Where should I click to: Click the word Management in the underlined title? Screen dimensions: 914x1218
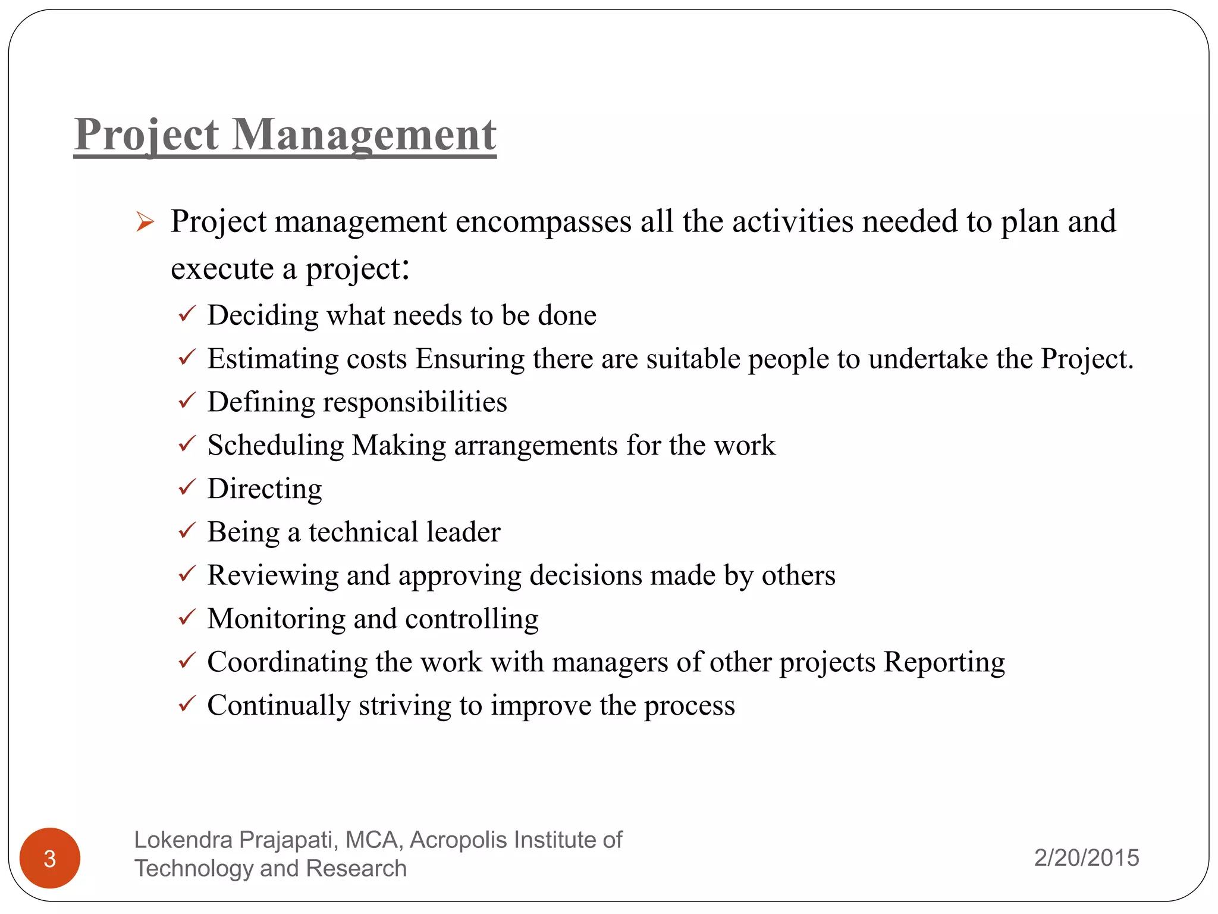click(363, 135)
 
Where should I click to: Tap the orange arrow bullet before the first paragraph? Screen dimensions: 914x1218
click(145, 222)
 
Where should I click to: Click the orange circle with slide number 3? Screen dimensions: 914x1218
click(50, 857)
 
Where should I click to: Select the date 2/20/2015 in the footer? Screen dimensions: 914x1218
click(1086, 857)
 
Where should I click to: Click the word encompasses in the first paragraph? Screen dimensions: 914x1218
click(543, 222)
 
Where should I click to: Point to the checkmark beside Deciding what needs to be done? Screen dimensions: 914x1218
click(187, 314)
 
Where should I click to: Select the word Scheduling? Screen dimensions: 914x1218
click(275, 446)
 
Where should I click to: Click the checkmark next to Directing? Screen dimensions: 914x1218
click(187, 487)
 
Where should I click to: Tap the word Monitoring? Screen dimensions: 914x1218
click(276, 619)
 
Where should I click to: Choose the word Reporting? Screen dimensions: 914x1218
click(944, 662)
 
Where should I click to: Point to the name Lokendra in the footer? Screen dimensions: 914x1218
click(183, 840)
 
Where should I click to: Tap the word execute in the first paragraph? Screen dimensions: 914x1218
click(222, 269)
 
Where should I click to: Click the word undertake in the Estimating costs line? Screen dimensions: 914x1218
click(928, 359)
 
